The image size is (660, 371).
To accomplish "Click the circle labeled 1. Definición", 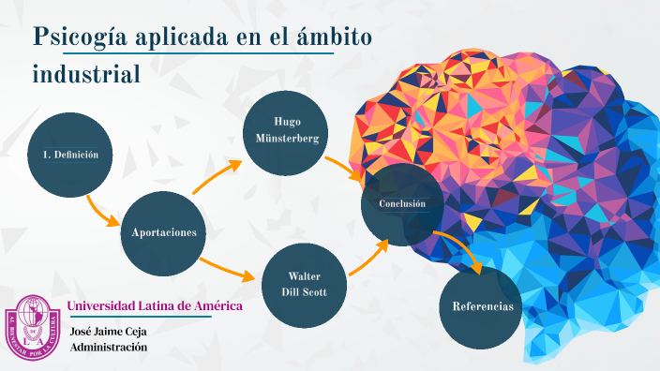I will pyautogui.click(x=70, y=156).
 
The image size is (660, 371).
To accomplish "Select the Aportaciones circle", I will pyautogui.click(x=164, y=231).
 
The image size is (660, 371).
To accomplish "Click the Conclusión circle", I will pyautogui.click(x=402, y=204).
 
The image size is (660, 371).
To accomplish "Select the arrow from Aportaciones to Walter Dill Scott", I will pyautogui.click(x=228, y=268).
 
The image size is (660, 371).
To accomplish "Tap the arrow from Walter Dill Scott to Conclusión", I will pyautogui.click(x=367, y=258).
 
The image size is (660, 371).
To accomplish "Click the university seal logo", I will pyautogui.click(x=36, y=327).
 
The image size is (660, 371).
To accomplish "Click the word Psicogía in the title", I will pyautogui.click(x=80, y=37).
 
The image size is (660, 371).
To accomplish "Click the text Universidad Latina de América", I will pyautogui.click(x=156, y=306).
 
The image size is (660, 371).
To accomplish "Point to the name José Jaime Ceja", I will pyautogui.click(x=109, y=331).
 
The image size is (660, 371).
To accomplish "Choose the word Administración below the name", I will pyautogui.click(x=109, y=347).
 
